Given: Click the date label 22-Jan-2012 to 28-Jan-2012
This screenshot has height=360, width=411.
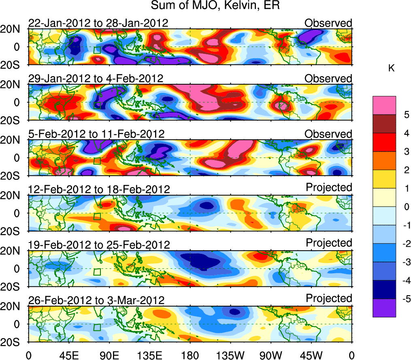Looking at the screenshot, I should pos(98,23).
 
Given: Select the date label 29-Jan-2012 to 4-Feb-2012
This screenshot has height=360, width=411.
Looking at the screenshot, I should pos(96,79).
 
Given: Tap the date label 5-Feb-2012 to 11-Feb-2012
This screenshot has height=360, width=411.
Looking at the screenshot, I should pos(96,134).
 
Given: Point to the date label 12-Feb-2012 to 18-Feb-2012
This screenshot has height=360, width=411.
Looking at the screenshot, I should pos(99,189).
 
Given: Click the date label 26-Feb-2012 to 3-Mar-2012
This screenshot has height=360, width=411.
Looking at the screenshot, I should pos(96,300).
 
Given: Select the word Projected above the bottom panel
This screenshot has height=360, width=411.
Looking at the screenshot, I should pos(329,298).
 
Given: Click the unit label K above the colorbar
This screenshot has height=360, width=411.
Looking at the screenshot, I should pos(391,69).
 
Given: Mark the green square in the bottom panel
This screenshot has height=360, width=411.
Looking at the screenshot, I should pos(97,327).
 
